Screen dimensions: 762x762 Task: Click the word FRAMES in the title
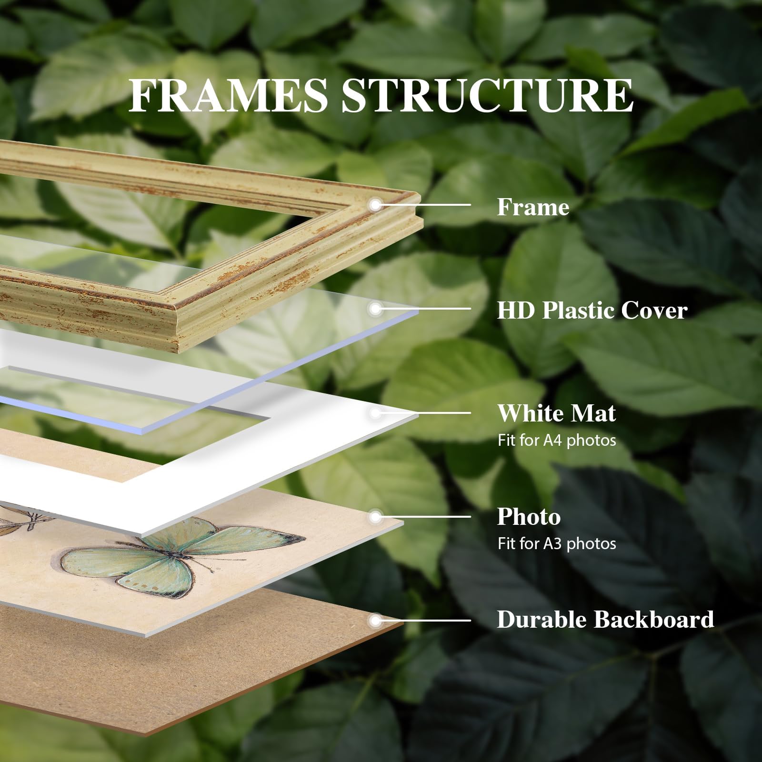point(229,96)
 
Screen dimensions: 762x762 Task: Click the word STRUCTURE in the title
point(487,96)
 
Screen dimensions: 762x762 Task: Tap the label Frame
point(533,207)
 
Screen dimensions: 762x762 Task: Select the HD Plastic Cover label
point(592,310)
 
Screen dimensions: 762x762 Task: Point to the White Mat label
point(556,413)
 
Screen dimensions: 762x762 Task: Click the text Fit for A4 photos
point(556,440)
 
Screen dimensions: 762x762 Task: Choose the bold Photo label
point(529,517)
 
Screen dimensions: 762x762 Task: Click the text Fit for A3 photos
point(556,543)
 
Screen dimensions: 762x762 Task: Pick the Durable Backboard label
point(605,620)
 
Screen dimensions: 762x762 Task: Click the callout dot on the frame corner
point(376,205)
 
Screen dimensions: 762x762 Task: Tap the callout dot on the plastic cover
point(376,309)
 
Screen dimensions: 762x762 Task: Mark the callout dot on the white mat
point(376,413)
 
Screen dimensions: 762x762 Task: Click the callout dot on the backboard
point(376,621)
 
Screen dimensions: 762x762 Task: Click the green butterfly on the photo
point(183,556)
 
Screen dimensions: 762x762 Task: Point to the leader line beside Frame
point(423,205)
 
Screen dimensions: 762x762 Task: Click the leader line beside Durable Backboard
point(423,621)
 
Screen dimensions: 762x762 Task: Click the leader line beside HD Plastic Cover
point(423,309)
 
